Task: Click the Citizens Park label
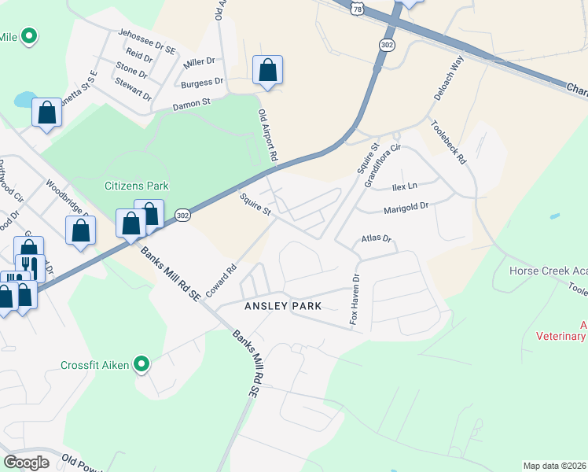coord(137,186)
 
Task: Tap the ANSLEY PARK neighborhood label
coord(282,305)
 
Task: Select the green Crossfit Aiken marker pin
coord(141,364)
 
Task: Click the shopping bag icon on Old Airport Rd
coord(268,71)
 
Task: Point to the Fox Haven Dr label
coord(355,300)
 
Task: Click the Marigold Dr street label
coord(406,209)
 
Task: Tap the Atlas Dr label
coord(376,238)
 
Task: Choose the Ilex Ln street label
coord(404,187)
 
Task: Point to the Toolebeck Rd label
coord(449,142)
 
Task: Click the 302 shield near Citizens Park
coord(182,216)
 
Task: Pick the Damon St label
coord(192,102)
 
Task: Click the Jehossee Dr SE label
coord(147,41)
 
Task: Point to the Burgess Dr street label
coord(202,82)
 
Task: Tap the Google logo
coord(26,463)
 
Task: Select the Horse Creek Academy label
coord(548,271)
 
